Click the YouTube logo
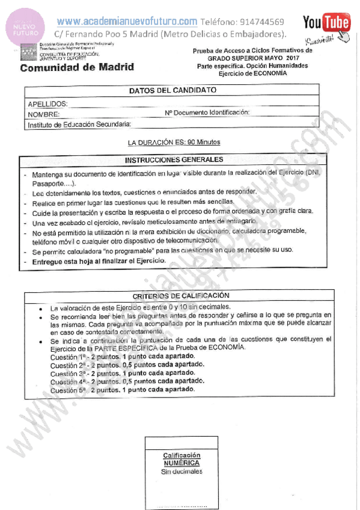point(326,23)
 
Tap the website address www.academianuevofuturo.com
point(127,21)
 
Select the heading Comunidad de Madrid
point(77,67)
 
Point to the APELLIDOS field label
point(47,104)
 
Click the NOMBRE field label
point(43,114)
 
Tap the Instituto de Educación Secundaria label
point(79,124)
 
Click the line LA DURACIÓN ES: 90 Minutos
point(174,143)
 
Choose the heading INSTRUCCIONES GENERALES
point(174,160)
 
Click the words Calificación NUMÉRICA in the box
point(182,459)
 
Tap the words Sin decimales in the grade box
point(182,472)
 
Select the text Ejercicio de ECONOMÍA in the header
point(252,73)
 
